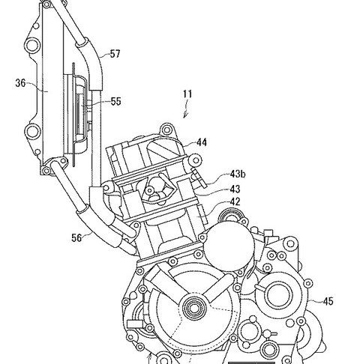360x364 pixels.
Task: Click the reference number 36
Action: coord(20,83)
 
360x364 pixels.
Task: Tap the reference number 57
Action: coord(115,54)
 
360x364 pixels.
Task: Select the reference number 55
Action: coord(116,102)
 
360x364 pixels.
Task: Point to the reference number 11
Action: coord(187,94)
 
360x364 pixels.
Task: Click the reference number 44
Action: coord(202,142)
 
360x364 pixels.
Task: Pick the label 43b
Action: coord(238,174)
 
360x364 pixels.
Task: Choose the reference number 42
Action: coord(235,202)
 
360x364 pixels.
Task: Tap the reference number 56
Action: coord(76,238)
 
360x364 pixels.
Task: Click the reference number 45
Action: coord(328,302)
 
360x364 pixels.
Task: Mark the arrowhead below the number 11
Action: coord(185,115)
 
